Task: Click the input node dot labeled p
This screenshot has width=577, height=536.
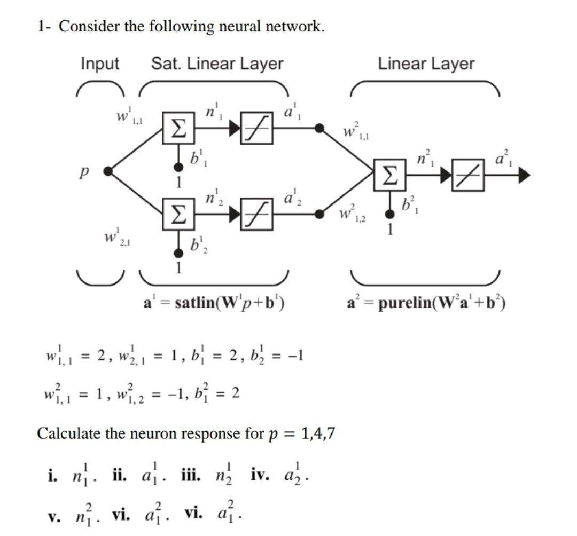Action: (108, 171)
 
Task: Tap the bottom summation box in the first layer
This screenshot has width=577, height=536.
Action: (176, 215)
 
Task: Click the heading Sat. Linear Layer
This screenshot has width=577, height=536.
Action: (217, 64)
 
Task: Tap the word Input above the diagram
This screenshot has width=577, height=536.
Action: (100, 64)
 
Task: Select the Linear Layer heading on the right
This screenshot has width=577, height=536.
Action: (426, 64)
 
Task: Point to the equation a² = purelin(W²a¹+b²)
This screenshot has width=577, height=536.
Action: (426, 303)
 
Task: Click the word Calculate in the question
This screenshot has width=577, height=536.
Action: (68, 433)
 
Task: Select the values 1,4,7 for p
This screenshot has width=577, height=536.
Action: (318, 433)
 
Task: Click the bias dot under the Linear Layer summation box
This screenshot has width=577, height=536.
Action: (391, 214)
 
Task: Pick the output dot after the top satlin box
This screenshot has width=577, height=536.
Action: (319, 128)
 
